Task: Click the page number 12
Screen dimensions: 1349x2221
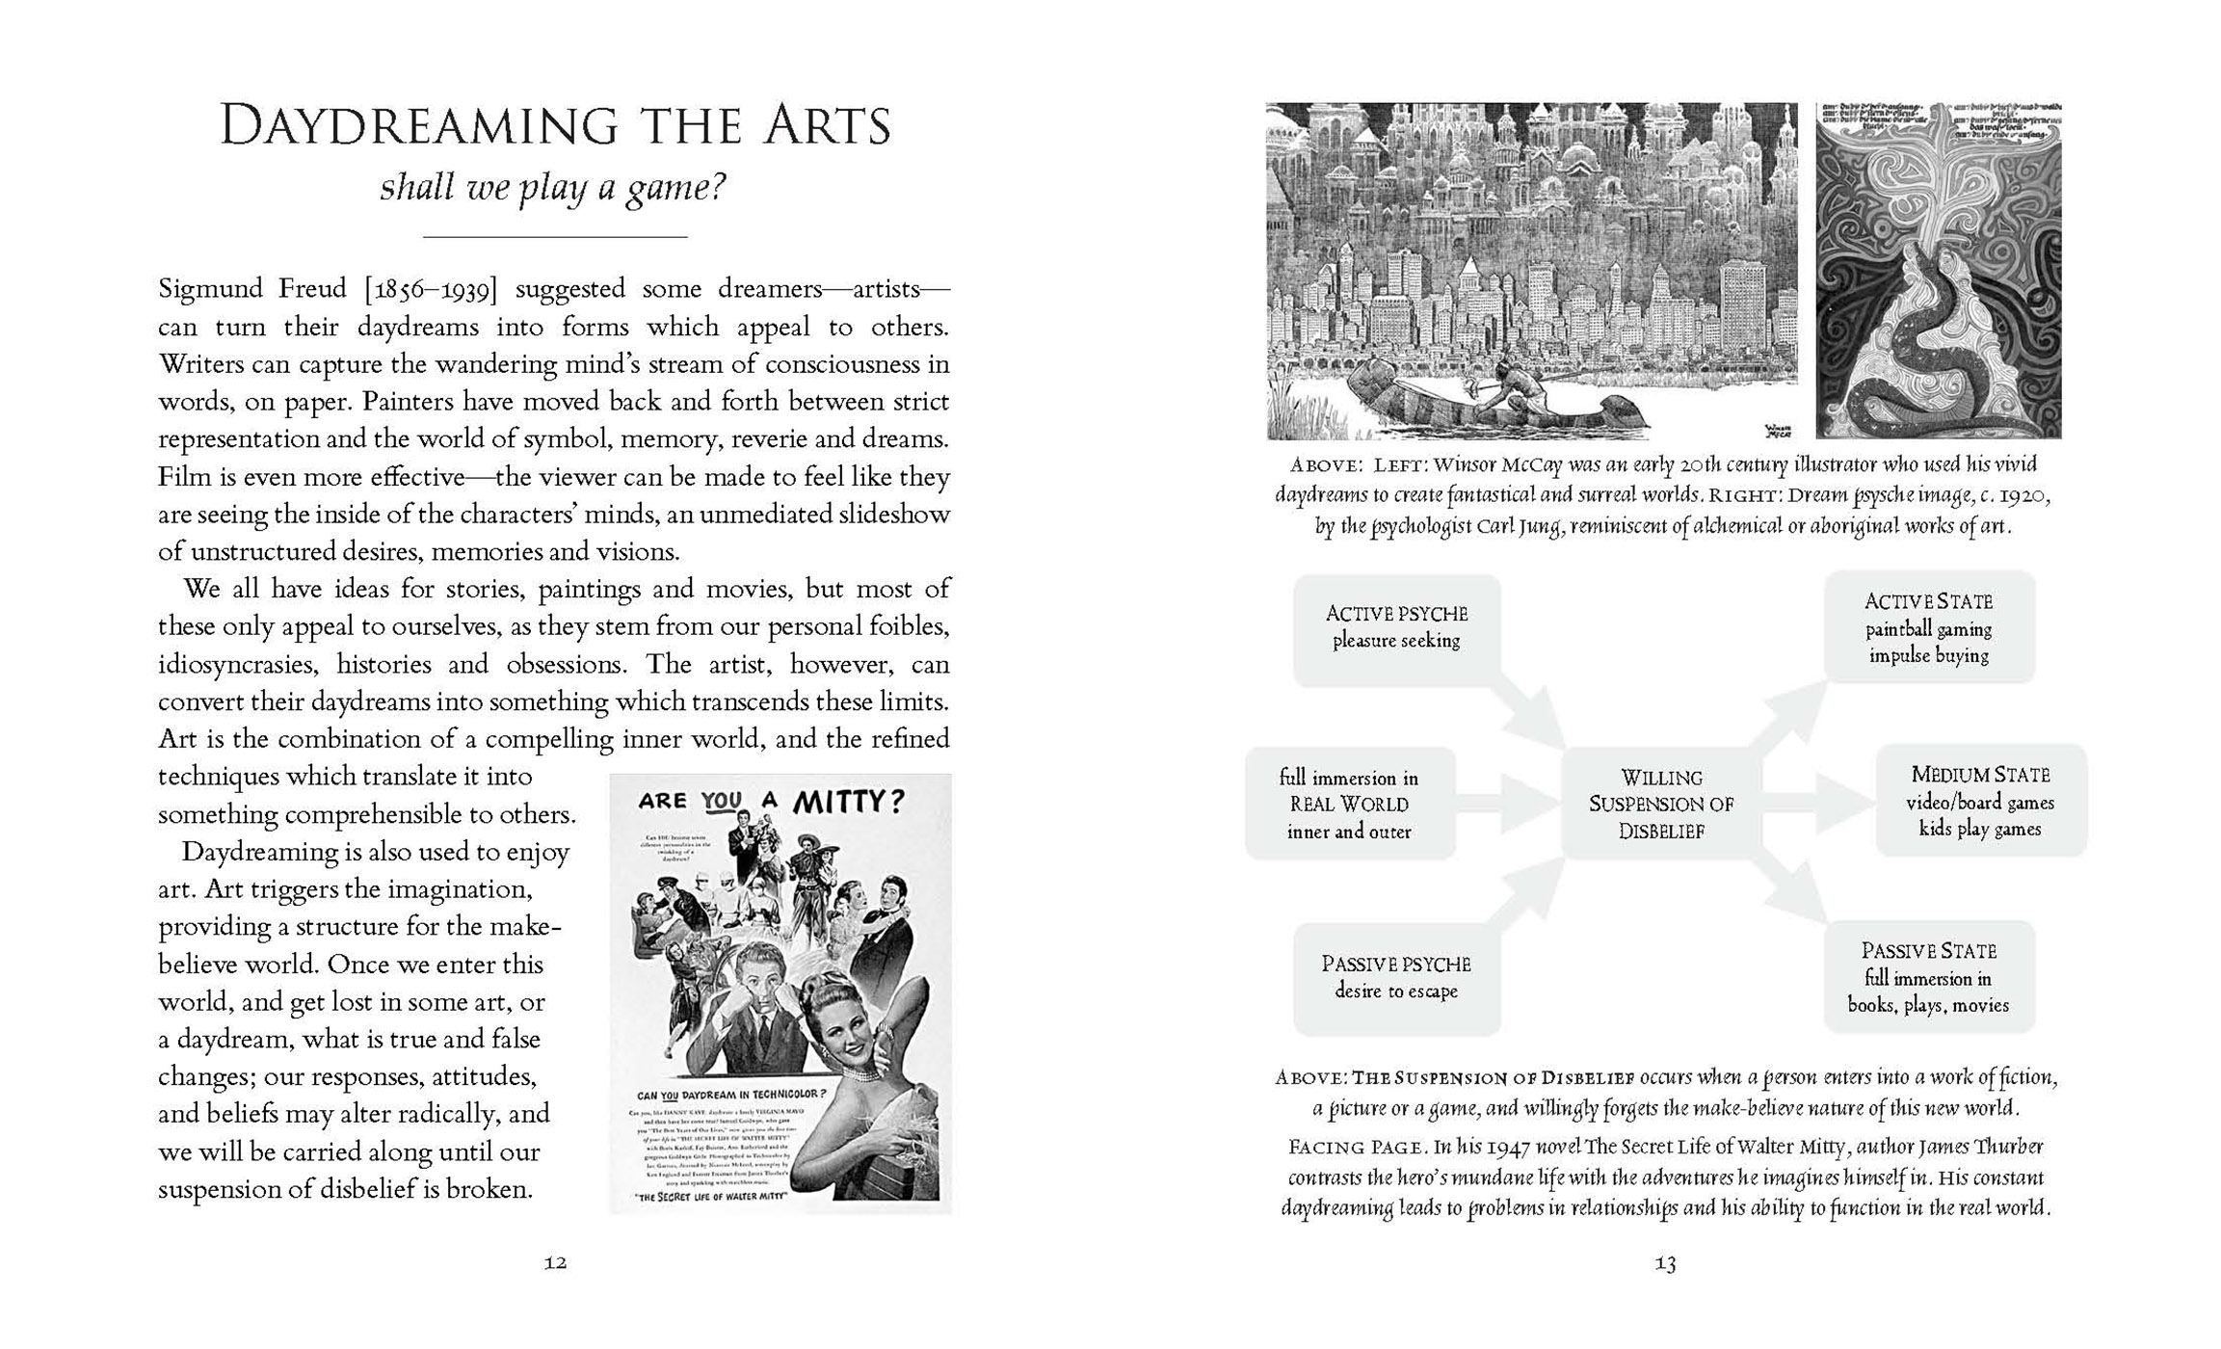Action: pos(555,1263)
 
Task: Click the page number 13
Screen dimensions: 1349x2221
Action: pos(1665,1263)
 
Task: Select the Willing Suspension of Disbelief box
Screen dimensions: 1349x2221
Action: pos(1661,804)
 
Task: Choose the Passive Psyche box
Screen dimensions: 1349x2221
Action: pos(1396,977)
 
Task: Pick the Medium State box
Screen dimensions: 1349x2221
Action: pos(1980,802)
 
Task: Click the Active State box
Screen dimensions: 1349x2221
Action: pos(1928,627)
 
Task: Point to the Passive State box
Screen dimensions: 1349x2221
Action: pos(1928,977)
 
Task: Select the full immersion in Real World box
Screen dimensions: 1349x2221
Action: pos(1349,804)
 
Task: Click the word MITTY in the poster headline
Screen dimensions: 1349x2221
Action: pos(848,802)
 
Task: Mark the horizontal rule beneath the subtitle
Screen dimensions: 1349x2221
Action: pos(555,237)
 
